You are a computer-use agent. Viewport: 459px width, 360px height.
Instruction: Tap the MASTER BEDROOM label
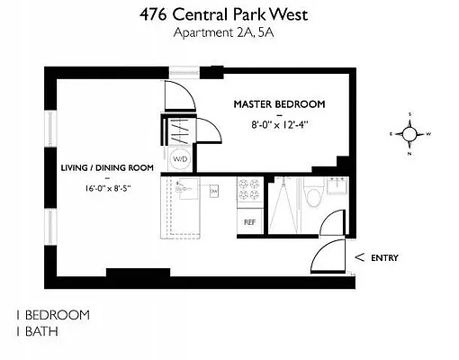click(279, 104)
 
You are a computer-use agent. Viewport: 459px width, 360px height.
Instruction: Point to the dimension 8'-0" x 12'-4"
click(279, 125)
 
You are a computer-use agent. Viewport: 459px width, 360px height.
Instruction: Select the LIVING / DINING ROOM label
click(107, 167)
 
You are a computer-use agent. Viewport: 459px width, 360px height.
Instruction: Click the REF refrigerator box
click(248, 220)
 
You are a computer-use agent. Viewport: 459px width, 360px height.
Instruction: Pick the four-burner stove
click(248, 192)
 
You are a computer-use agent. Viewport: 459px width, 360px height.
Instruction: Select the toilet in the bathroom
click(312, 193)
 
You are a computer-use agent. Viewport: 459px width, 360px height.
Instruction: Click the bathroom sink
click(338, 188)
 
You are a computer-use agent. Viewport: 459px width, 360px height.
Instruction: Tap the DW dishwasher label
click(214, 191)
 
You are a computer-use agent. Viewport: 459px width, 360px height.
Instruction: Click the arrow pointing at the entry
click(360, 258)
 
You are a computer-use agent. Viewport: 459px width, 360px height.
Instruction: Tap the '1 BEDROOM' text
click(52, 315)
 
